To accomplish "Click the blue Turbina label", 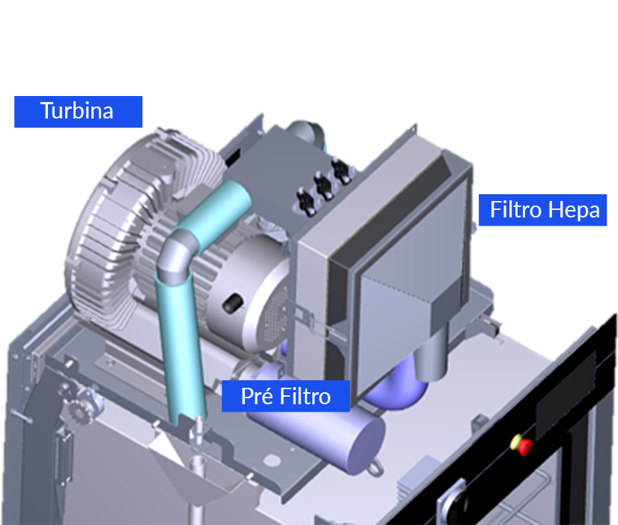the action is click(x=78, y=112).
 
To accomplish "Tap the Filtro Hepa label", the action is click(x=543, y=210).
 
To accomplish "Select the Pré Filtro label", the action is click(x=285, y=396).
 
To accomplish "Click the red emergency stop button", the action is click(x=524, y=446).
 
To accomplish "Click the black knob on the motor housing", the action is click(x=233, y=303).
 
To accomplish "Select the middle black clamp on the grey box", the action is click(x=324, y=187).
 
